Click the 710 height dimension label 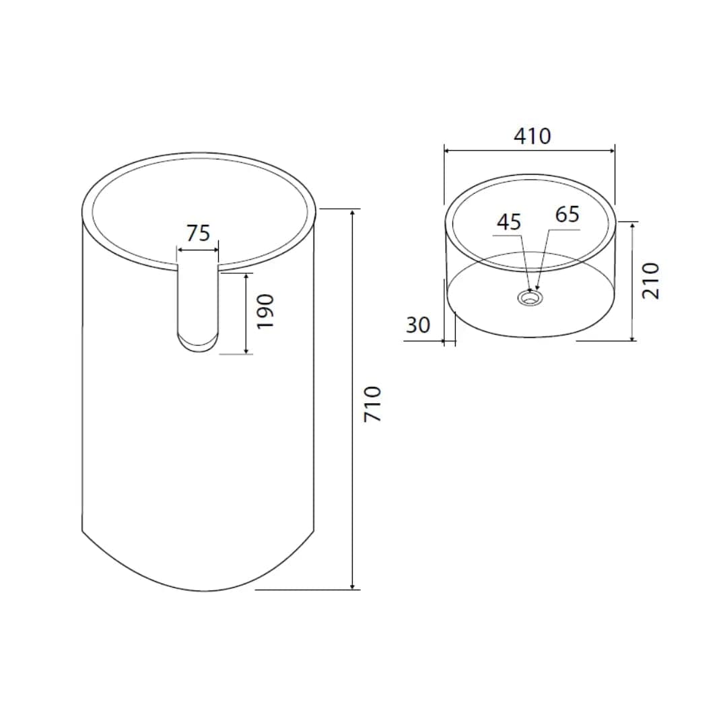(372, 404)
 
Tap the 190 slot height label (266, 312)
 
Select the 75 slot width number (199, 233)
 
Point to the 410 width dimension (532, 136)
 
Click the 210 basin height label (650, 281)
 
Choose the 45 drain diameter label (509, 222)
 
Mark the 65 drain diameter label (567, 214)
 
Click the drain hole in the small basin (530, 298)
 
